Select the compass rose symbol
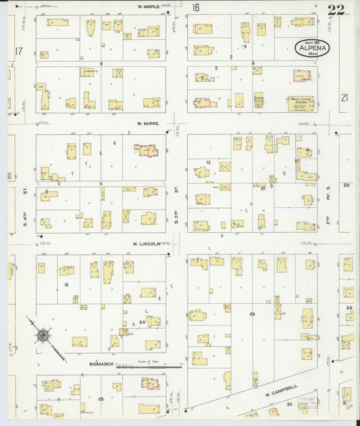coord(43,334)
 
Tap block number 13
coord(66,285)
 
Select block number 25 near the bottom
coord(101,399)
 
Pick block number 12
coord(209,163)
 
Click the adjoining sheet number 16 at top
coord(195,8)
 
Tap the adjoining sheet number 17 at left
coord(18,51)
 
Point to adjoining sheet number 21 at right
coord(345,98)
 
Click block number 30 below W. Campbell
coord(288,403)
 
